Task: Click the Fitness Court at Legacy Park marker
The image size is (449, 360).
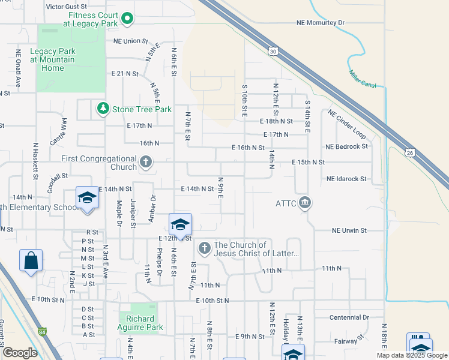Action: (127, 19)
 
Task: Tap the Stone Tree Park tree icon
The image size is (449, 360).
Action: (103, 109)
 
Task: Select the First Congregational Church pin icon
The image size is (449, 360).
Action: (145, 162)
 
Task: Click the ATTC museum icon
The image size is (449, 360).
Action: (305, 203)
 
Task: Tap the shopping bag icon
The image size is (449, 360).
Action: (31, 261)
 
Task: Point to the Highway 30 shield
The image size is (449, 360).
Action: (274, 52)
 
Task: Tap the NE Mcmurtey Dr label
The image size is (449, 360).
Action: (321, 22)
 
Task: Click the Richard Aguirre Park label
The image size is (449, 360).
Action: (140, 323)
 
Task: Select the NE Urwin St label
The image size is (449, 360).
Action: (349, 230)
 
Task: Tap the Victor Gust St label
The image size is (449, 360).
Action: (67, 6)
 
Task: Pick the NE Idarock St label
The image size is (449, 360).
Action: (346, 179)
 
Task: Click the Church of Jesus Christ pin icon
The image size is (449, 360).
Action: (204, 248)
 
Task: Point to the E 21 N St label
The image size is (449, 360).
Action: (125, 73)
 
